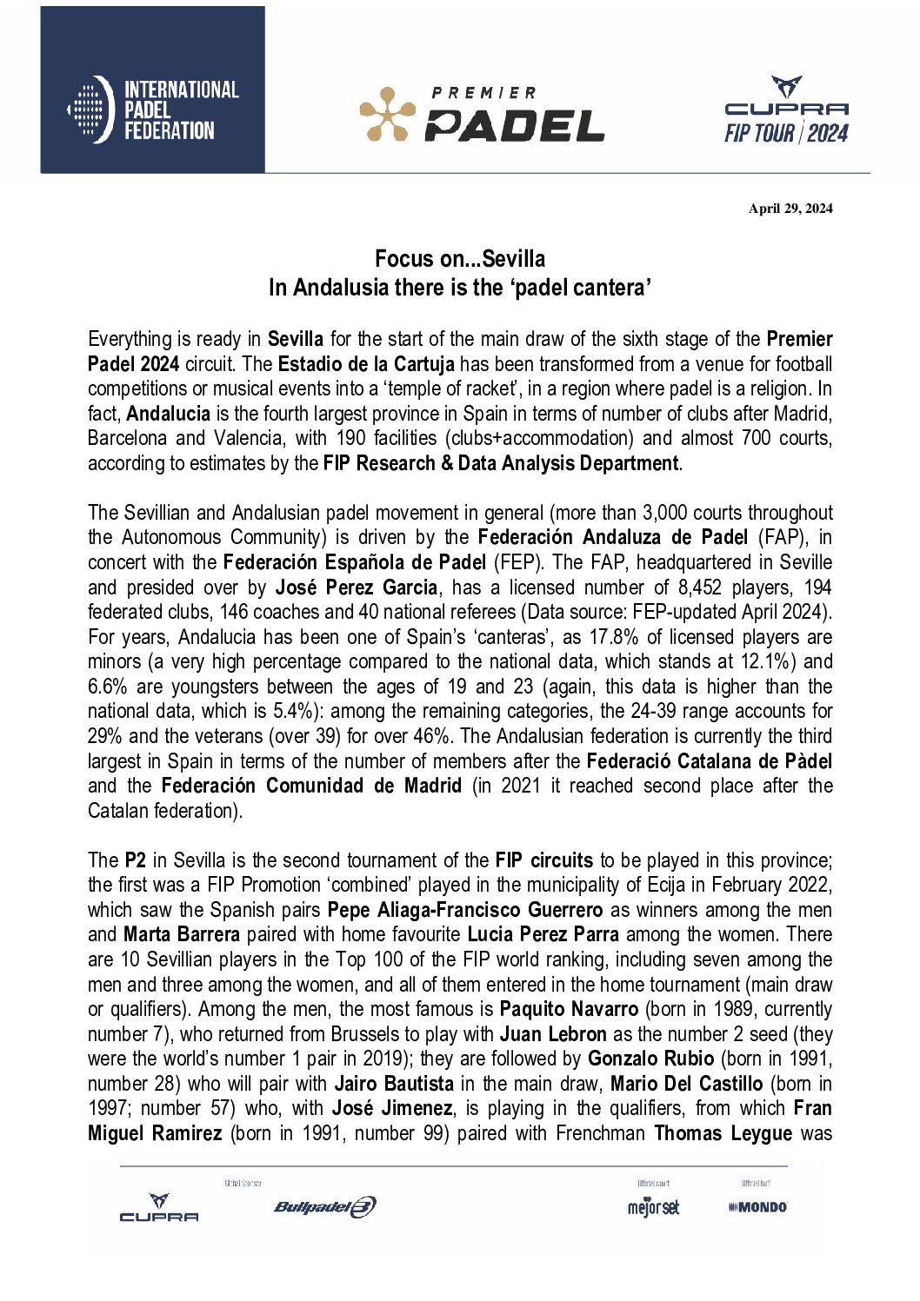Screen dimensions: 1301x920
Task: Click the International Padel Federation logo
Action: (x=153, y=110)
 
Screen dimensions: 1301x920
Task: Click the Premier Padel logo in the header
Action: (x=482, y=114)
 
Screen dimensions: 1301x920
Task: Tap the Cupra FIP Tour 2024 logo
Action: (x=786, y=110)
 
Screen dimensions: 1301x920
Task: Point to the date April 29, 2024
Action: (x=790, y=209)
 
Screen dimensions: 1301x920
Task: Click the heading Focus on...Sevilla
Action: (x=460, y=259)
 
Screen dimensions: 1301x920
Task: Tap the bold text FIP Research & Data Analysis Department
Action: (x=500, y=463)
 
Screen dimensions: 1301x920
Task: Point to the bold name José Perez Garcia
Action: (x=356, y=587)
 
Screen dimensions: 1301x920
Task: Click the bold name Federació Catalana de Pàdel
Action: (x=709, y=761)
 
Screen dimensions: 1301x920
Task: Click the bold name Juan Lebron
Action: (x=553, y=1034)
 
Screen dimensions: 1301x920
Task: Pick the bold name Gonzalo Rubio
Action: (x=650, y=1059)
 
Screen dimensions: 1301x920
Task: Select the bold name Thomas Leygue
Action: (x=723, y=1133)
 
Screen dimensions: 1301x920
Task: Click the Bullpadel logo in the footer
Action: (x=324, y=1206)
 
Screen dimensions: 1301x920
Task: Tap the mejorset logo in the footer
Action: (x=653, y=1207)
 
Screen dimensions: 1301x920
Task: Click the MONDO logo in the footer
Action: (x=757, y=1207)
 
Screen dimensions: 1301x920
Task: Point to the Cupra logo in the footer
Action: (x=159, y=1208)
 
